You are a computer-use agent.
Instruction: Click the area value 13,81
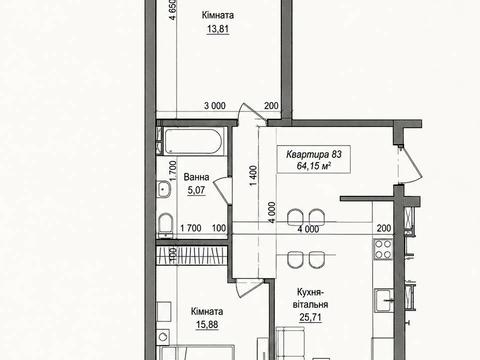pos(218,29)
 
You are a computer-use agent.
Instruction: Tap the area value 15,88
pos(207,324)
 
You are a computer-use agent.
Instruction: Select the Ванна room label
pos(196,177)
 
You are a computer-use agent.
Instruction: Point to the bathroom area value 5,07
pos(196,190)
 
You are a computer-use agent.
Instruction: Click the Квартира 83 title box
pos(314,159)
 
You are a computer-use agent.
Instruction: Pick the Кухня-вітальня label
pos(310,298)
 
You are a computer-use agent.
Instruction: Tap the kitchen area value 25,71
pos(310,317)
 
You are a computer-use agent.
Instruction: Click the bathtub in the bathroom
pos(193,142)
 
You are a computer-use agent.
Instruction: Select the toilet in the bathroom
pos(166,224)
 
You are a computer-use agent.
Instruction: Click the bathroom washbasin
pos(163,189)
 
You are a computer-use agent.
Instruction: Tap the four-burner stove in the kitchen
pos(383,250)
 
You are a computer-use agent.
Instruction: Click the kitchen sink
pos(384,300)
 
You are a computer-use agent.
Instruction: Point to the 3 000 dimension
pos(215,106)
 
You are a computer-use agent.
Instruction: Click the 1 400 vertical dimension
pos(254,176)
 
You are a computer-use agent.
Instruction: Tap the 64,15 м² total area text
pos(314,166)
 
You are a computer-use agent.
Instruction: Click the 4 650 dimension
pos(172,10)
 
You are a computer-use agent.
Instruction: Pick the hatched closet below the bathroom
pos(192,256)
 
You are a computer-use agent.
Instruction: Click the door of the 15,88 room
pos(248,289)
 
